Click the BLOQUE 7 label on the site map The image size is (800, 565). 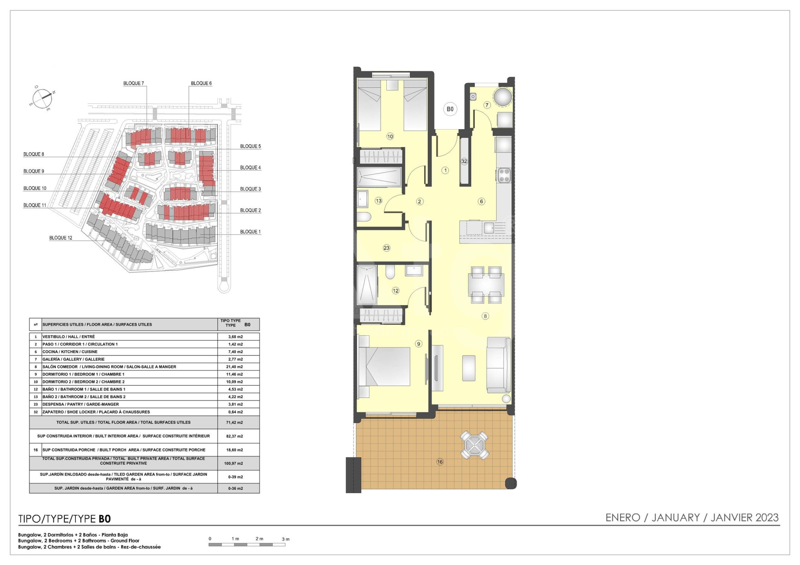(x=134, y=83)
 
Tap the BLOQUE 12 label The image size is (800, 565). (x=61, y=238)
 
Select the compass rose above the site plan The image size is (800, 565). (x=42, y=97)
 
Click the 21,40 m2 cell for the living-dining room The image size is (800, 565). (x=236, y=367)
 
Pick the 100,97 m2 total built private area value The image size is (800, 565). (x=234, y=463)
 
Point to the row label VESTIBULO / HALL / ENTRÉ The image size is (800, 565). (x=69, y=337)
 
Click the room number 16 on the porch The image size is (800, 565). (x=440, y=462)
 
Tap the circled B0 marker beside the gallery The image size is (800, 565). (x=450, y=109)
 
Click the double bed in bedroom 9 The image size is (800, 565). (x=384, y=366)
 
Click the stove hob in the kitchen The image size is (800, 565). (x=504, y=175)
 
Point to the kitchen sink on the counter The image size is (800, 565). (x=489, y=228)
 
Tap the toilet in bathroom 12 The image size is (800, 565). (x=390, y=272)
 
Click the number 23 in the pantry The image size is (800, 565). (x=386, y=248)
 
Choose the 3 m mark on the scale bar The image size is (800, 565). (x=286, y=539)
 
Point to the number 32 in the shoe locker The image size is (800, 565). (x=464, y=161)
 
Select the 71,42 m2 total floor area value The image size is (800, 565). (x=236, y=423)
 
